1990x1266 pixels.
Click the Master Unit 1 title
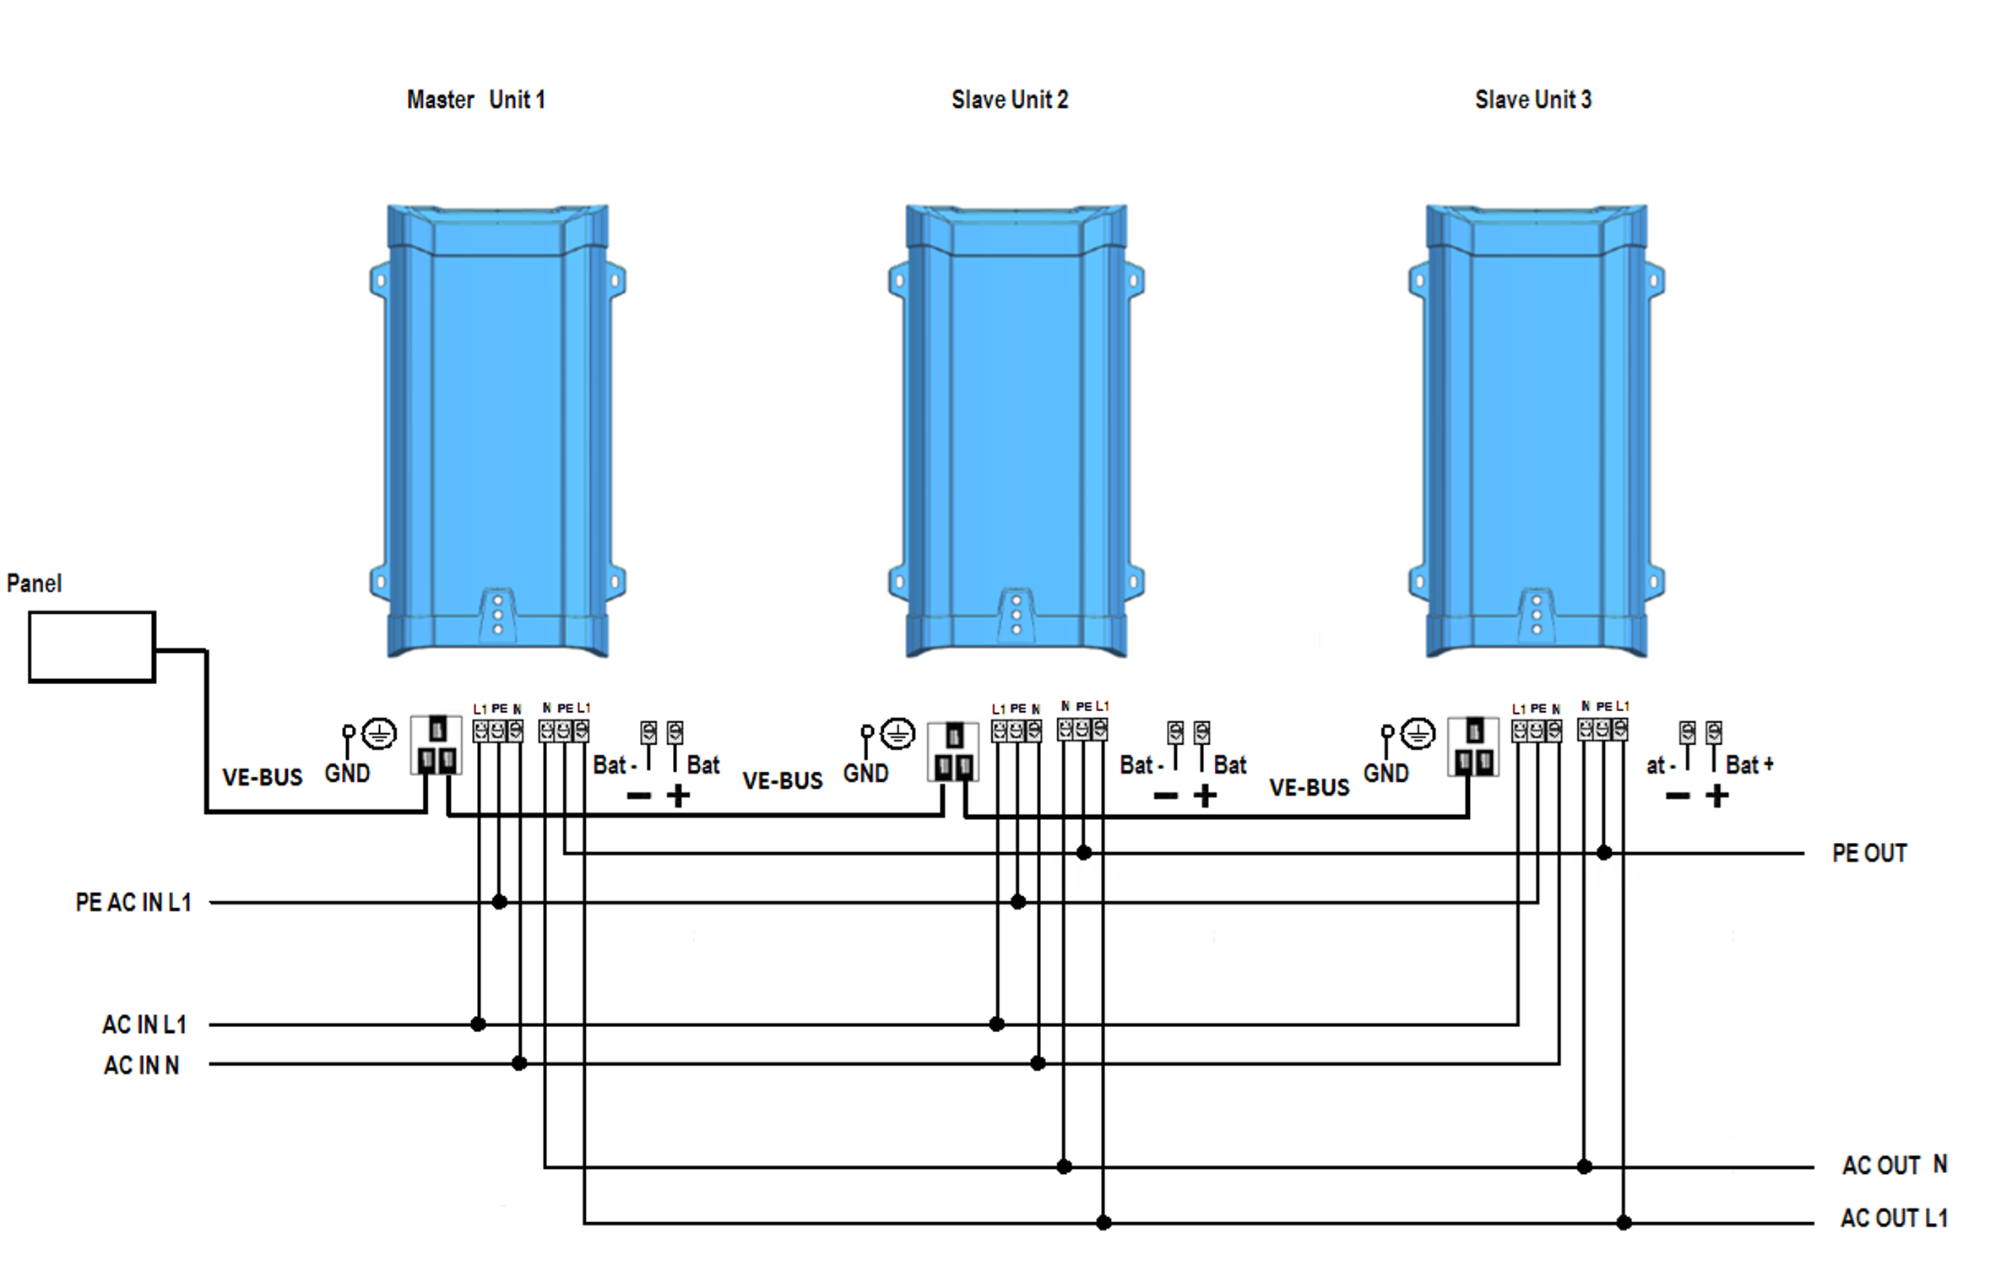tap(475, 100)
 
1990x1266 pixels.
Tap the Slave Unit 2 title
tap(1009, 100)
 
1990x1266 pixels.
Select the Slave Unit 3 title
tap(1532, 100)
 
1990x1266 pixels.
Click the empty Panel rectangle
tap(92, 646)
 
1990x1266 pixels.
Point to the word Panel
tap(34, 584)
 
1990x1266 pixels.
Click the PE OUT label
tap(1868, 853)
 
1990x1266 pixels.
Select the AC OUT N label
tap(1894, 1165)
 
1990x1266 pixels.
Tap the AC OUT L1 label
tap(1894, 1218)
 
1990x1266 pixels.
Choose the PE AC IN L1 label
tap(133, 902)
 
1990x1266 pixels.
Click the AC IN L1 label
tap(144, 1024)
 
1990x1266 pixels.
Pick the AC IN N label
tap(141, 1065)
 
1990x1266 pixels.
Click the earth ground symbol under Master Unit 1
tap(379, 733)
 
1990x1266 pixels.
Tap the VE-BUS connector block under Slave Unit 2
tap(953, 751)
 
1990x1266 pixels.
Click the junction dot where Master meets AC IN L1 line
tap(478, 1024)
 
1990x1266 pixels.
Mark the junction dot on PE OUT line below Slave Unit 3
tap(1604, 853)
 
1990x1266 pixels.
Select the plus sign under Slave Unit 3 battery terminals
tap(1716, 796)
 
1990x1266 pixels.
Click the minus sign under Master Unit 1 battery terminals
tap(638, 796)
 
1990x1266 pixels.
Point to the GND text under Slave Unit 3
tap(1385, 773)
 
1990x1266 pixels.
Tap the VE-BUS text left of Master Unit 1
tap(262, 777)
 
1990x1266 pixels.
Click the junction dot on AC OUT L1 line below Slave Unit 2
tap(1103, 1222)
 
